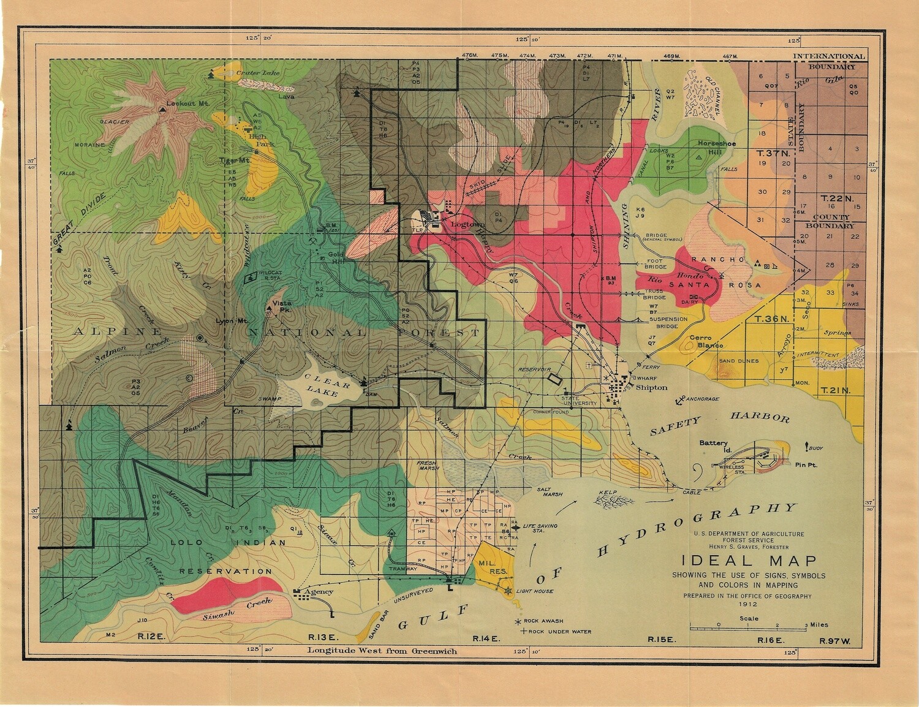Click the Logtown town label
[x=467, y=224]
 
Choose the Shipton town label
[x=652, y=387]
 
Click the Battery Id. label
[x=713, y=446]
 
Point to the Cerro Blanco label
[x=706, y=341]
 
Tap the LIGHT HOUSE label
[x=534, y=591]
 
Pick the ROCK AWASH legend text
[x=543, y=621]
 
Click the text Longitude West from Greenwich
[x=382, y=651]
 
